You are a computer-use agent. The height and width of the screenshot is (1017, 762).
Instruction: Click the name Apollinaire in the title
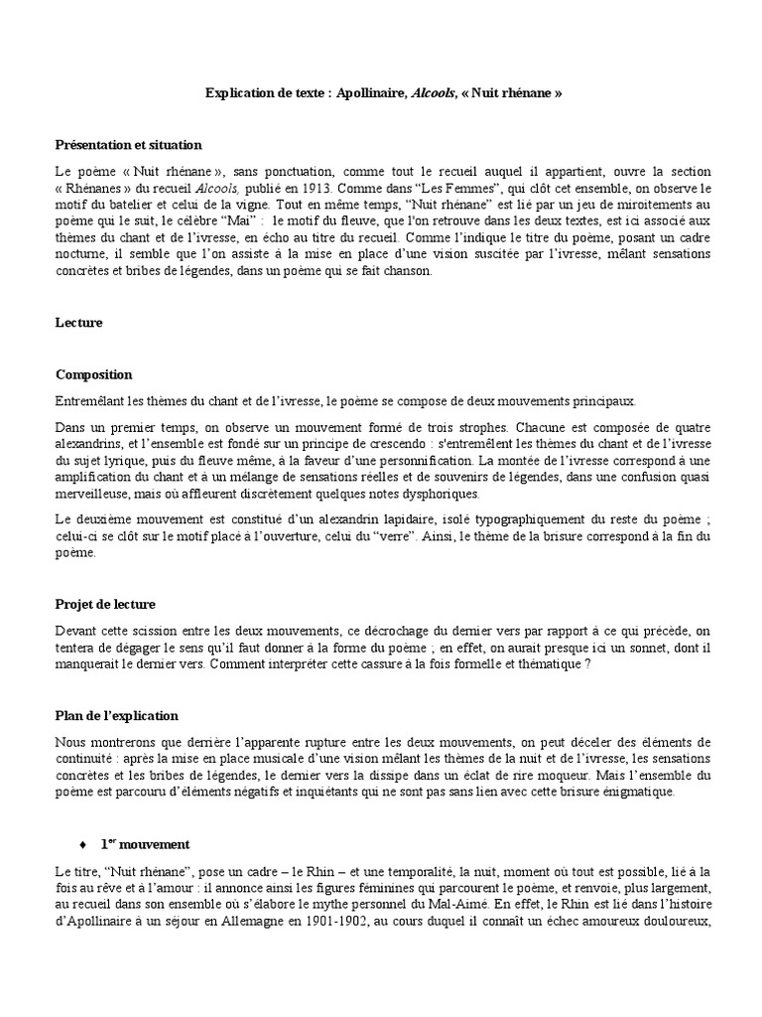click(361, 92)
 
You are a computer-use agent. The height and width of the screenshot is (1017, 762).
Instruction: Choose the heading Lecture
click(78, 323)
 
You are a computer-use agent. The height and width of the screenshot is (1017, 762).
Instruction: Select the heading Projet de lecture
click(105, 604)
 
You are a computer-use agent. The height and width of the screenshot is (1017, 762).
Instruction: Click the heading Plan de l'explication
click(117, 715)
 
